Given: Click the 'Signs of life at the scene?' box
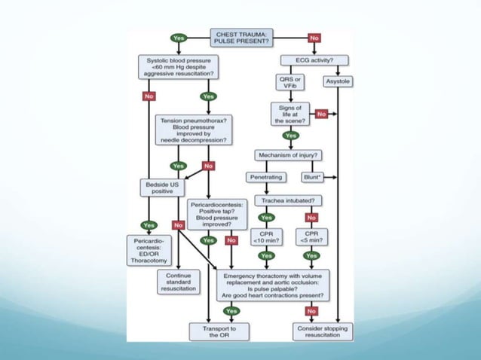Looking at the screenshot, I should [x=290, y=113].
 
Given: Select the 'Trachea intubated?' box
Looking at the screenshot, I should [x=290, y=200].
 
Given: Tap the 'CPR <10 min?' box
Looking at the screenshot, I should [x=266, y=238].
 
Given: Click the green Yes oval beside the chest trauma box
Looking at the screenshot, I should [x=179, y=38].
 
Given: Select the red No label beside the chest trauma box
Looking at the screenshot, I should [x=314, y=38].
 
